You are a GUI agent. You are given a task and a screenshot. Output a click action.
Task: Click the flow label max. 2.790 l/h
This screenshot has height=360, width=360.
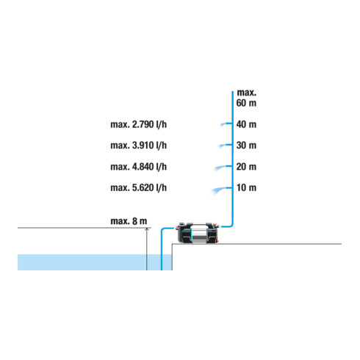[x=139, y=125]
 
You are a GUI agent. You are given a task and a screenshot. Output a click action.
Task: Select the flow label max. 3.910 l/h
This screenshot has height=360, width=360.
[x=139, y=145]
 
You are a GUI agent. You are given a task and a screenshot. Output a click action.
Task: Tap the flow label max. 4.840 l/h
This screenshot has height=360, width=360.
[x=139, y=167]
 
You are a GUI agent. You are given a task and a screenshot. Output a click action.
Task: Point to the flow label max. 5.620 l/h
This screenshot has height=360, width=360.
[x=139, y=188]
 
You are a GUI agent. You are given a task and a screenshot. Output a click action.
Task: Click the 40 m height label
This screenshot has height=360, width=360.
[x=246, y=124]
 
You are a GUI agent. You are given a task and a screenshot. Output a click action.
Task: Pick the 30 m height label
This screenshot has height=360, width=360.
[x=246, y=145]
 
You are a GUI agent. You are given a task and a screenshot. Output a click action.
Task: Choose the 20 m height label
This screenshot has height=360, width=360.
[x=246, y=167]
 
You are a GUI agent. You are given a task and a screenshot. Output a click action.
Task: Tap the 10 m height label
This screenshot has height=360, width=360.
[x=246, y=188]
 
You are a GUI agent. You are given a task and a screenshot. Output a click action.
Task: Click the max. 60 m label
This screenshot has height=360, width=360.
[x=246, y=98]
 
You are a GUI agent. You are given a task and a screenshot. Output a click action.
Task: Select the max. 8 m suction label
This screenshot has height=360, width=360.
[x=129, y=221]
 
